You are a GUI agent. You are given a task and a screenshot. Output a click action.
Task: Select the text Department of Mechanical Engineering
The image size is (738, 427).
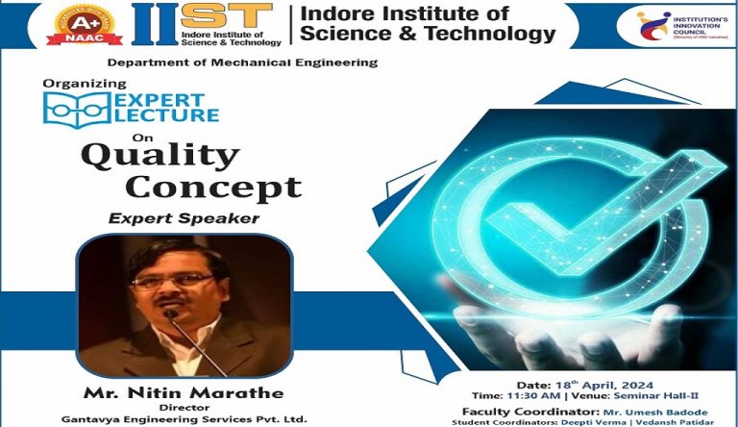pos(242,63)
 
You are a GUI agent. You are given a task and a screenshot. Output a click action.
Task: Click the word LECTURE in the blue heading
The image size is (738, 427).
pos(167,115)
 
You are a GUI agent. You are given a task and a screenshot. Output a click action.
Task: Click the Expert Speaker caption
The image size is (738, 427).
pos(184,218)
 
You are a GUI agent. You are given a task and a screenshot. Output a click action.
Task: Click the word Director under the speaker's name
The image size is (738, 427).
pos(183,407)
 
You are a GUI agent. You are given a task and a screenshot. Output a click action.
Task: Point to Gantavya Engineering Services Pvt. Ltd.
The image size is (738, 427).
pos(183,419)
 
